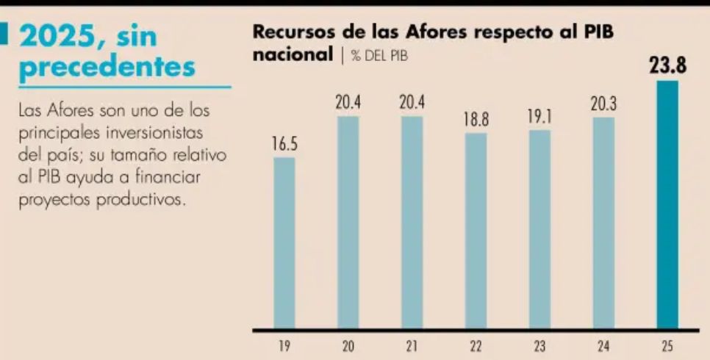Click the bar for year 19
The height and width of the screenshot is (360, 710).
[x=284, y=242]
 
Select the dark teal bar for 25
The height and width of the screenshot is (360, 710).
[x=667, y=206]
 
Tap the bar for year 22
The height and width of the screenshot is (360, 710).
[x=476, y=230]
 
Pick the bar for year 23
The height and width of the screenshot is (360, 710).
[x=539, y=228]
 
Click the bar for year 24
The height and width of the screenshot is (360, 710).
[x=603, y=223]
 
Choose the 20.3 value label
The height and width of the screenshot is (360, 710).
[x=603, y=105]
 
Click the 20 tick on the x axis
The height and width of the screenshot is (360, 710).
[x=348, y=345]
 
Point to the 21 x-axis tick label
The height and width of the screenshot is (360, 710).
[x=412, y=345]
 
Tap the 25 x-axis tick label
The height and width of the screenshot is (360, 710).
[x=667, y=345]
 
